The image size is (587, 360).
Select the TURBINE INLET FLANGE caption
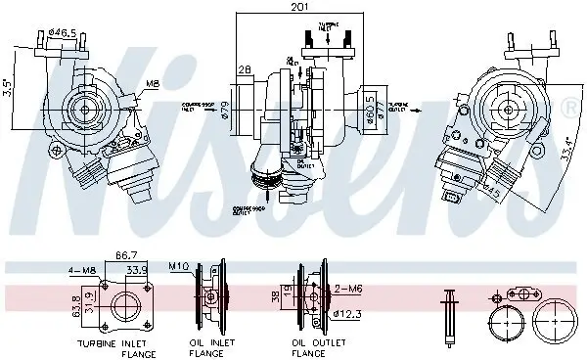tap(114, 349)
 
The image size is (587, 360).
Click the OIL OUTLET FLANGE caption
tap(313, 349)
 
